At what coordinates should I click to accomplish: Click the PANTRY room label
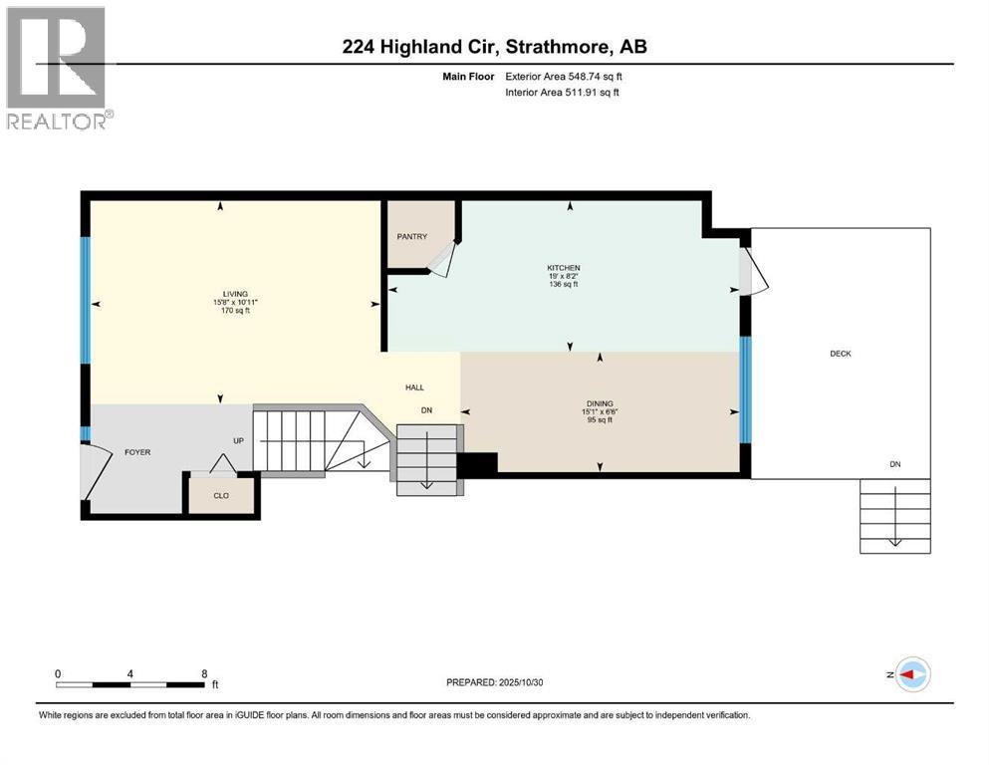point(411,236)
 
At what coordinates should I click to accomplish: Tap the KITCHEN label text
point(563,268)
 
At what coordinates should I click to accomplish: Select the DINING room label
point(600,403)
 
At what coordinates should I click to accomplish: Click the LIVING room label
point(234,293)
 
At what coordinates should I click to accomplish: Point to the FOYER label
point(137,452)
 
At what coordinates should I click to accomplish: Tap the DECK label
point(841,354)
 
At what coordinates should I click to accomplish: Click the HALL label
point(415,387)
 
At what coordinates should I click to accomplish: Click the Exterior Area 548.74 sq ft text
point(566,76)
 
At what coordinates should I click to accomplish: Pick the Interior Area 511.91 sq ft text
point(565,93)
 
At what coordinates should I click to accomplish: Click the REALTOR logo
point(58,67)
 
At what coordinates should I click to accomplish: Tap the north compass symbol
point(910,675)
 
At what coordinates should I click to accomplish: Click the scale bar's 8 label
point(204,673)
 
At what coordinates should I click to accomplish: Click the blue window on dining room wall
point(745,389)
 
